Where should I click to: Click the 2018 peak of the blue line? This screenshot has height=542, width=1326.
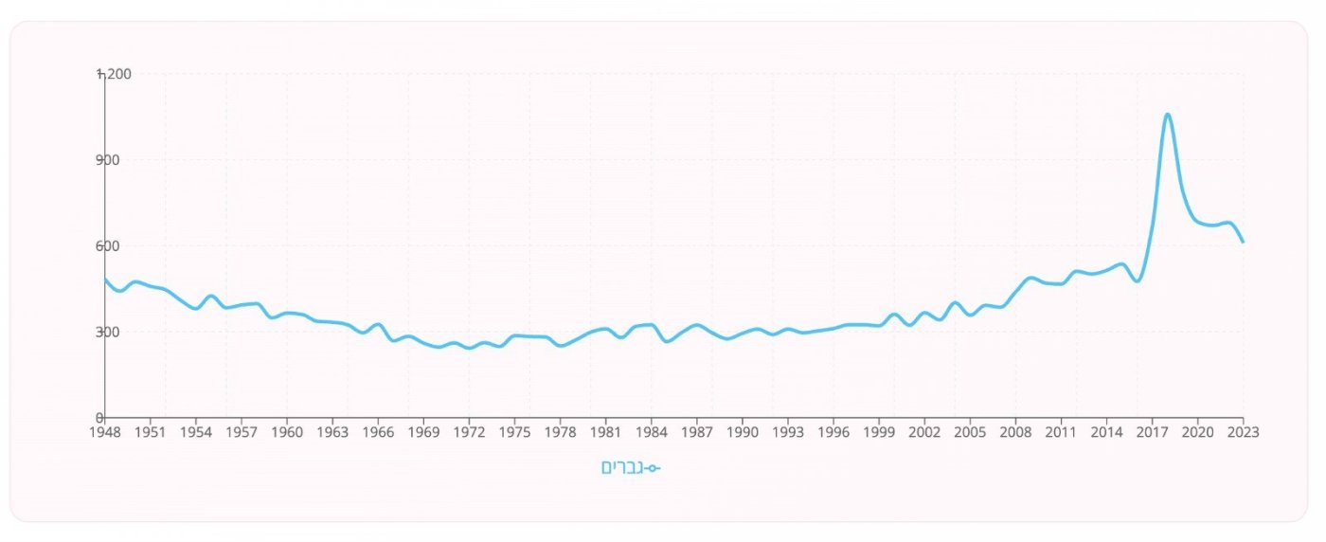(1167, 115)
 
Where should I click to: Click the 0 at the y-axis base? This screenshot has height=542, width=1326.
(99, 418)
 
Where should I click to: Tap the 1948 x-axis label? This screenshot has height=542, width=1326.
(104, 433)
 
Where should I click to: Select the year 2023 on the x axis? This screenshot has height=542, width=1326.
(1243, 433)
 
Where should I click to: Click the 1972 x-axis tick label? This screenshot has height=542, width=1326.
(469, 433)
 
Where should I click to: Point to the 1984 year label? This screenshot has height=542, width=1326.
(651, 433)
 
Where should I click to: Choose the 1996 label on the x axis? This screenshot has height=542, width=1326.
(833, 433)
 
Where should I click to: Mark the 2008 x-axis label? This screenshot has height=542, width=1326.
(1015, 433)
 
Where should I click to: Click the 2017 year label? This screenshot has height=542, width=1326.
(1152, 433)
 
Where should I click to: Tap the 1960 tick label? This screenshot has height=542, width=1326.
(287, 433)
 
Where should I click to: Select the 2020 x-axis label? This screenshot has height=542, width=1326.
(1197, 433)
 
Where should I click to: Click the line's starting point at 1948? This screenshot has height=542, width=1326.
(105, 280)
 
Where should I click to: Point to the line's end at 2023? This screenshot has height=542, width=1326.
(1243, 242)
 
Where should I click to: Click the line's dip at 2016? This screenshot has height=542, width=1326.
(1137, 280)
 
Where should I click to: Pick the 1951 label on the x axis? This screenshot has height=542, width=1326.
(150, 433)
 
